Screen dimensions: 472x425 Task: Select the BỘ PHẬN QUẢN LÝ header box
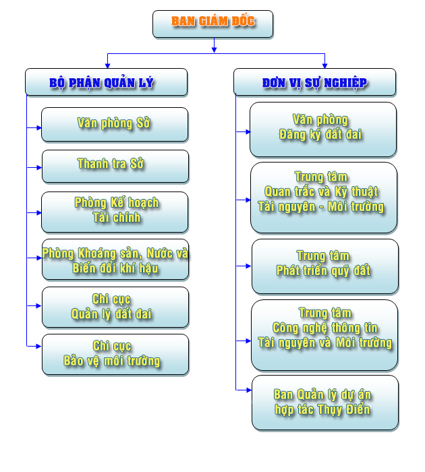(x=106, y=82)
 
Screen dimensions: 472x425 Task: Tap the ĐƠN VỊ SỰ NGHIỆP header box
(x=314, y=82)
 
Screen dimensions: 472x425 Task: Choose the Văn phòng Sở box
(x=114, y=124)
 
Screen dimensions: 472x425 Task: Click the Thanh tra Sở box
(x=115, y=166)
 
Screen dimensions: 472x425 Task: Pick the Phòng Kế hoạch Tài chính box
(x=115, y=212)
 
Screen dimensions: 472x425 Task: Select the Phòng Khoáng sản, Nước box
(x=115, y=259)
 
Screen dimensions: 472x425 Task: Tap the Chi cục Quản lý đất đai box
(x=115, y=307)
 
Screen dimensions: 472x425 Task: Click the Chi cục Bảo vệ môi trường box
(x=115, y=354)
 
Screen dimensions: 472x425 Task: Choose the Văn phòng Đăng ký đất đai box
(x=322, y=129)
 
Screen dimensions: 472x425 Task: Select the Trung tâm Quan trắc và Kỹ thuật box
(x=322, y=198)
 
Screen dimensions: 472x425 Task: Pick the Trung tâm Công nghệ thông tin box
(x=324, y=334)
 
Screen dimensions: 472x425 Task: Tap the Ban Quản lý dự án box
(x=324, y=403)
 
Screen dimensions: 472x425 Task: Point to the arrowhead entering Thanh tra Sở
(x=38, y=166)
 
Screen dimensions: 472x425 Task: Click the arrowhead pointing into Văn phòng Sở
(x=38, y=126)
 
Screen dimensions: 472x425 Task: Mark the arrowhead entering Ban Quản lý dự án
(x=248, y=390)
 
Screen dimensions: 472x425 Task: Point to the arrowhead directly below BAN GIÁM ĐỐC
(x=214, y=49)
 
